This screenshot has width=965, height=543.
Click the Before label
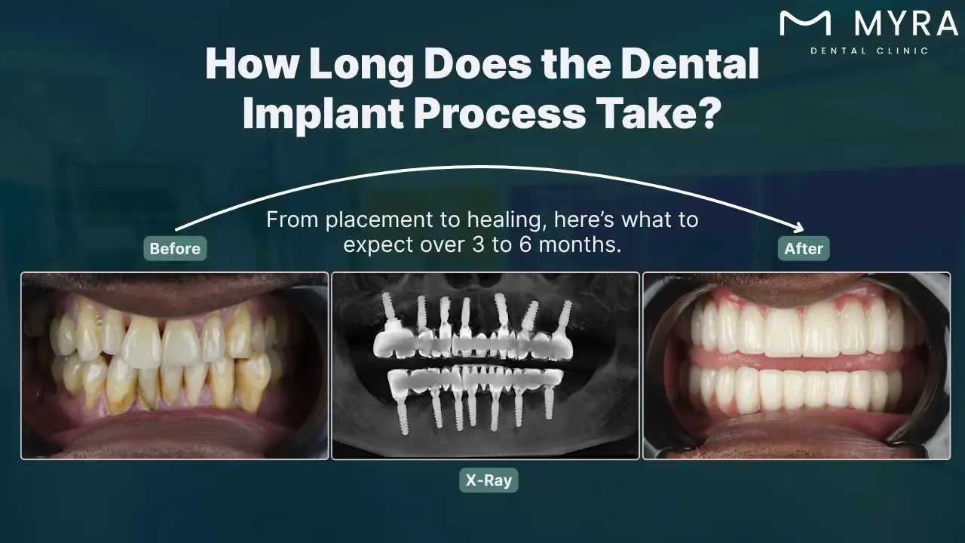point(175,248)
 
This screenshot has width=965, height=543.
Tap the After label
point(804,248)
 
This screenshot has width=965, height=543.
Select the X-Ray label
point(489,480)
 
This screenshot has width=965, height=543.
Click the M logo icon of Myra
point(805,23)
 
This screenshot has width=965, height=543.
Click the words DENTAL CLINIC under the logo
point(868,51)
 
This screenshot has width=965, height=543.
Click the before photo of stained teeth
point(175,366)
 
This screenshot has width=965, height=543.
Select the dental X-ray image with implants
point(486,366)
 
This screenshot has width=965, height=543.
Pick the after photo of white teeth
point(796,366)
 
